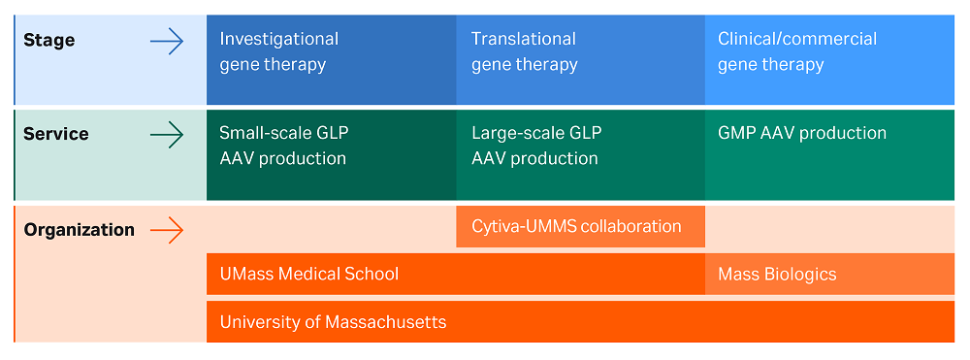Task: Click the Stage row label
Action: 48,41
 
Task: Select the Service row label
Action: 55,134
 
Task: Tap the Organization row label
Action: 79,230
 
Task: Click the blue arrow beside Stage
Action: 167,41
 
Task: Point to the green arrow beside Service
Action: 167,135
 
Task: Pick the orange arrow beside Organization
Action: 167,230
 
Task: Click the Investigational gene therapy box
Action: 331,59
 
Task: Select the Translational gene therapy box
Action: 580,59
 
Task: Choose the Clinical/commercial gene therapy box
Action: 829,59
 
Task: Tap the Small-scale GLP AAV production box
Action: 331,155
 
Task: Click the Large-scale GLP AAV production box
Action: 580,155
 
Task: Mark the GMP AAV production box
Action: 829,155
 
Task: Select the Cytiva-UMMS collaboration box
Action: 580,227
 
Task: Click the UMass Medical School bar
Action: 455,274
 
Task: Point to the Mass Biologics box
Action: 829,274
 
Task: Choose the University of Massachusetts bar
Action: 580,321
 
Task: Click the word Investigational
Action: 278,39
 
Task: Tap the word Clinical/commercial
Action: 796,39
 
